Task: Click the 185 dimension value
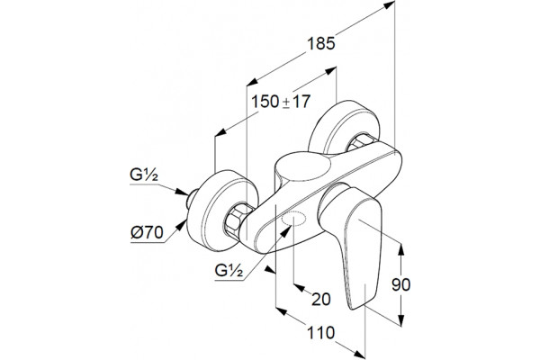coord(321,44)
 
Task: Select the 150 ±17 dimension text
coord(281,102)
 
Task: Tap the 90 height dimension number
coord(401,285)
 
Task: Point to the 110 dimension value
coord(320,333)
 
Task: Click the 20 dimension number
coord(321,299)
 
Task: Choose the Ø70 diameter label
coord(147,233)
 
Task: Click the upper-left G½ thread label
coord(144,175)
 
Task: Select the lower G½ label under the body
coord(229,270)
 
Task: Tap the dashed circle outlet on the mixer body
coord(293,219)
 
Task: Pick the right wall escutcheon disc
coord(345,128)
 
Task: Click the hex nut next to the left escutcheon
coord(236,221)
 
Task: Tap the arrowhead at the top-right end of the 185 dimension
coord(389,4)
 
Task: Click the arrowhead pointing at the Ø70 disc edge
coord(182,226)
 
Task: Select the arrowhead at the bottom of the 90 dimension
coord(400,319)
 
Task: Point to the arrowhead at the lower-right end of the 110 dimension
coord(359,353)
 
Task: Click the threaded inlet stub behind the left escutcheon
coord(190,199)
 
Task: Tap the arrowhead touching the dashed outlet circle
coord(286,230)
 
